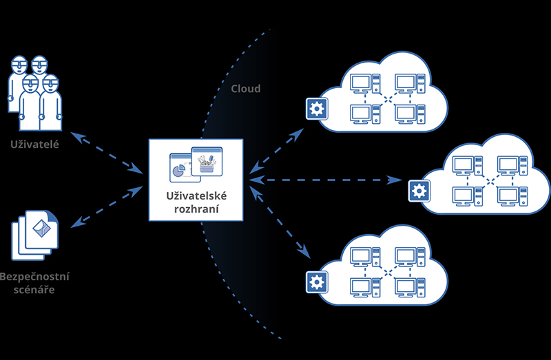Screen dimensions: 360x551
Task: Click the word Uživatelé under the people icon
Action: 34,145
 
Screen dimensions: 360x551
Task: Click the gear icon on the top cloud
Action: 317,108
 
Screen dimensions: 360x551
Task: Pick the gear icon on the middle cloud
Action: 418,191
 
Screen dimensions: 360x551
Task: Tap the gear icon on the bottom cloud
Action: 317,280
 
